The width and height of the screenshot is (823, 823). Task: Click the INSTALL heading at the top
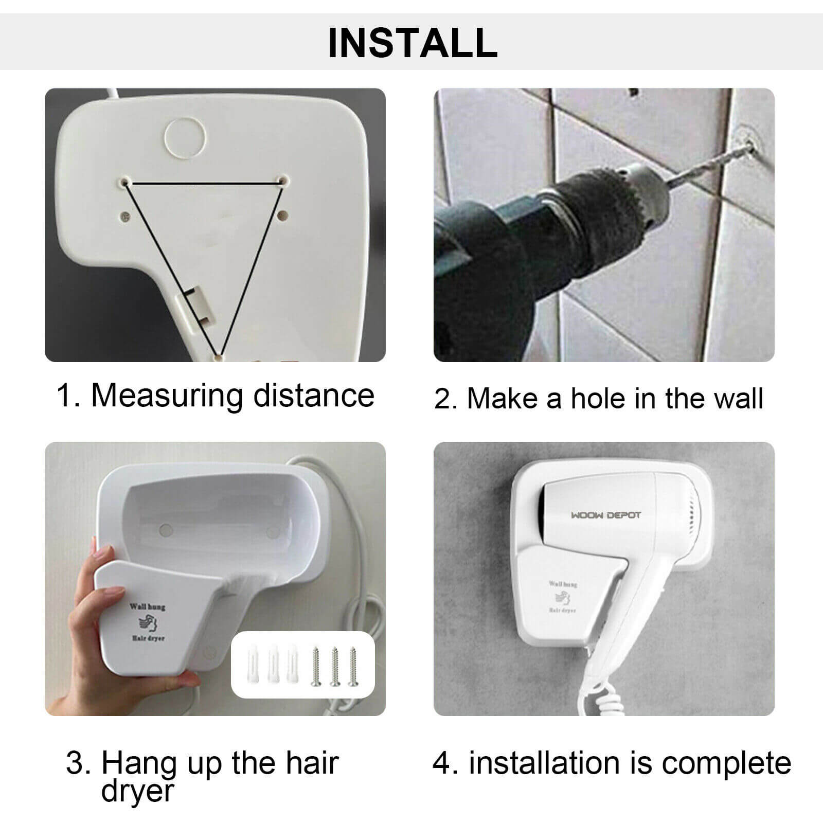[x=413, y=42]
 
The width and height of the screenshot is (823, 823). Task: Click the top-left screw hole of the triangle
[x=126, y=182]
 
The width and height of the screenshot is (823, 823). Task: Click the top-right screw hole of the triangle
[x=282, y=181]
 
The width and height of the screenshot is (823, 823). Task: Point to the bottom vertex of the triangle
[x=219, y=355]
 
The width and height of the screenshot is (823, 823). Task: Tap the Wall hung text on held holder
[x=147, y=606]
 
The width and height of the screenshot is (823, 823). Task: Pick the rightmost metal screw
[x=352, y=667]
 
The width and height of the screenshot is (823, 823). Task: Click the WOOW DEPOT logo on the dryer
[x=606, y=515]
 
